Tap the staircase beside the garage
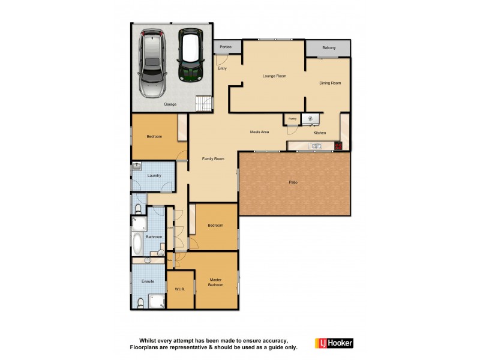[x=204, y=104]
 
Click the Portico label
[x=226, y=47]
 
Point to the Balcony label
[x=328, y=48]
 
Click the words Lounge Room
[x=274, y=76]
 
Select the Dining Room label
[x=329, y=83]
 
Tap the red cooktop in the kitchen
[x=338, y=146]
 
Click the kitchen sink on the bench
[x=314, y=146]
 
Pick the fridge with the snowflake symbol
[x=310, y=119]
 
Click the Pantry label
[x=292, y=119]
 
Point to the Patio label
[x=293, y=182]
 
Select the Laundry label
[x=154, y=175]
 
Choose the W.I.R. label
[x=180, y=289]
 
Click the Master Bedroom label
[x=215, y=282]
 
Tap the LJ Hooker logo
[x=334, y=343]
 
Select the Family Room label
[x=212, y=158]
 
